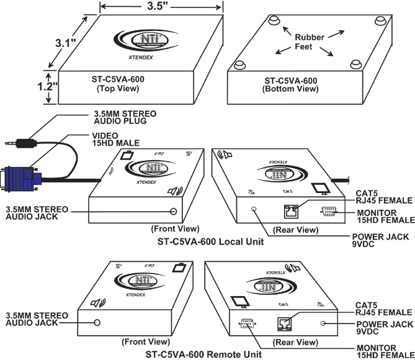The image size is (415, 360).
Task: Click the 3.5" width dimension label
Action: (161, 8)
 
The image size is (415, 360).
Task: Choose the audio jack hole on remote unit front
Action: (97, 323)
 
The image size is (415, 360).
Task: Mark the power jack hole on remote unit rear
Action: (323, 323)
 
